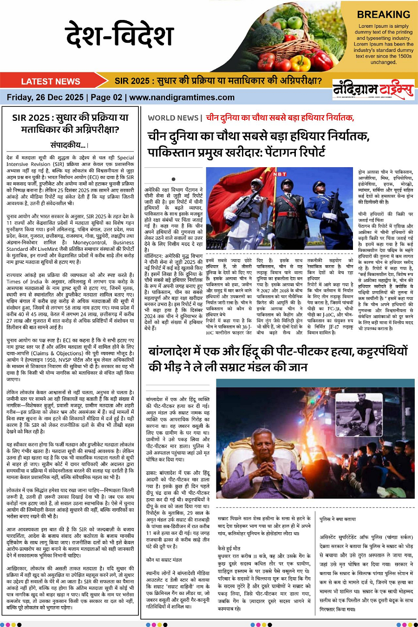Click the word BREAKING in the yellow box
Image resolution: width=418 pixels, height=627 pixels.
point(383,14)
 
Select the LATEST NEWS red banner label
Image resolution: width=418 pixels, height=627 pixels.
point(51,81)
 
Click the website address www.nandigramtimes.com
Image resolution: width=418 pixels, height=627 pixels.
point(182,98)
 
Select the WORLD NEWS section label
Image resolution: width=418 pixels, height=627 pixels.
point(173,118)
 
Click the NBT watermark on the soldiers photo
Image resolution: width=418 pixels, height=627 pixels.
point(280,174)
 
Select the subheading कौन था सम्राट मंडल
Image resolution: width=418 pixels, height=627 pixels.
point(164,560)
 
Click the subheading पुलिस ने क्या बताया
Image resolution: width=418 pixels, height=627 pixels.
point(338,519)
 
